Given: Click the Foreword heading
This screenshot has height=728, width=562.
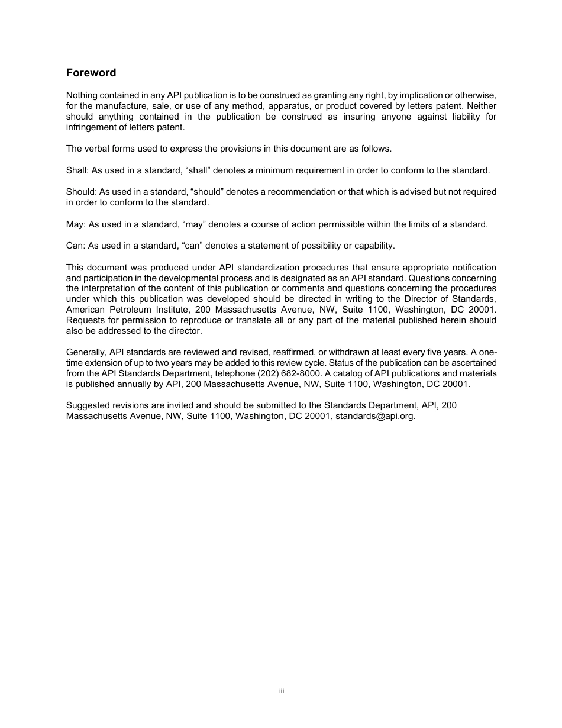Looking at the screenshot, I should (x=91, y=73).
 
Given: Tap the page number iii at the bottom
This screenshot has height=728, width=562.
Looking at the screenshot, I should (x=282, y=691).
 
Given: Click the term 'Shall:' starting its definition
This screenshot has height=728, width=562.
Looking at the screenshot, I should (x=77, y=170).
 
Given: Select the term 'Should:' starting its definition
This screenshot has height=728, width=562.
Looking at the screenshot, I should (x=81, y=192).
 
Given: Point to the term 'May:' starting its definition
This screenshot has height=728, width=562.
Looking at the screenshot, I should (x=76, y=224).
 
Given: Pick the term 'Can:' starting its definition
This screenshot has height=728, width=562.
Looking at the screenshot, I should (x=76, y=246).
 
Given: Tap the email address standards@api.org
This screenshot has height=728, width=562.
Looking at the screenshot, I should (x=375, y=416).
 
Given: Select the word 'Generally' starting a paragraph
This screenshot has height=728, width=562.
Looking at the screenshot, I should (x=86, y=352).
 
